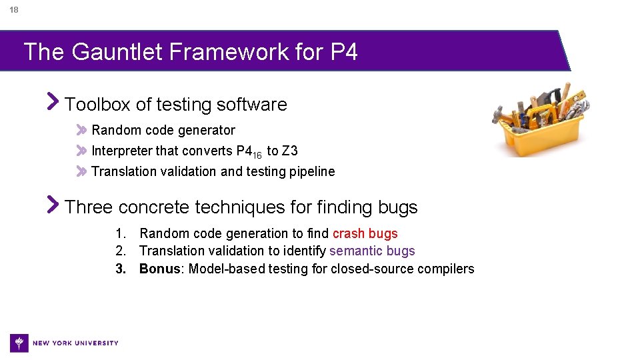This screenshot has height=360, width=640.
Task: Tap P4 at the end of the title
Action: click(x=344, y=51)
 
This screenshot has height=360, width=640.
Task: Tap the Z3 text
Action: click(x=290, y=151)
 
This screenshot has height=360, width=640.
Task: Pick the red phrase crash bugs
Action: click(x=365, y=234)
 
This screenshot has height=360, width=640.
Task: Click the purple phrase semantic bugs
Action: click(x=372, y=251)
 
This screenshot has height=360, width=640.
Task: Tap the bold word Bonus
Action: click(x=160, y=269)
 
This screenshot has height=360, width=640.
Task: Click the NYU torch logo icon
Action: click(x=19, y=343)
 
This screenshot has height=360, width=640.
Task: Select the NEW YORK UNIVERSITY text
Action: click(x=75, y=343)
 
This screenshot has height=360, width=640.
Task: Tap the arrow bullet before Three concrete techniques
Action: click(x=53, y=205)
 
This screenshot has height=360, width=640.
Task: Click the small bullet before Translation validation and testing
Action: click(x=81, y=171)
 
